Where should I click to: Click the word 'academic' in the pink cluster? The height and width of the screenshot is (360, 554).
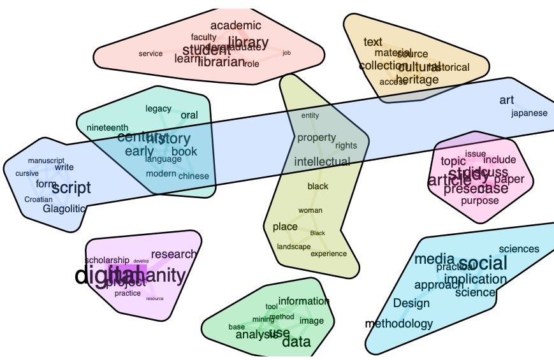[x=235, y=25]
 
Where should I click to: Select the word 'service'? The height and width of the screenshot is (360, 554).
[x=150, y=54]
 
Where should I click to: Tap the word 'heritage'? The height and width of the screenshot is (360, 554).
[x=417, y=80]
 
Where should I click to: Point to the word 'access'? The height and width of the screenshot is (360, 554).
[x=393, y=82]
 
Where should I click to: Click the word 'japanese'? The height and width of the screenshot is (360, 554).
[x=529, y=113]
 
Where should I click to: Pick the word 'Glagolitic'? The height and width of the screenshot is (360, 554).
[x=64, y=208]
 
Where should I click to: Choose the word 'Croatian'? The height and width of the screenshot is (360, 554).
[x=38, y=199]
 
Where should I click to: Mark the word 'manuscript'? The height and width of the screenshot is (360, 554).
[x=47, y=161]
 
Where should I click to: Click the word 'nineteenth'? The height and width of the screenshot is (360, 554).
[x=107, y=127]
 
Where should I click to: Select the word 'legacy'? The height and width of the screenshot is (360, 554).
[x=158, y=109]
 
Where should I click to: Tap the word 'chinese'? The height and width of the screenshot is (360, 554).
[x=193, y=176]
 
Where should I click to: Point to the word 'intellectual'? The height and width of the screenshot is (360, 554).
[x=322, y=162]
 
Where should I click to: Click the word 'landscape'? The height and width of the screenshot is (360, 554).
[x=294, y=247]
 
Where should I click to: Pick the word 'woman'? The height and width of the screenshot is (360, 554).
[x=310, y=211]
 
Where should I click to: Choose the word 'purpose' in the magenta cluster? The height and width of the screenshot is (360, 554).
[x=480, y=201]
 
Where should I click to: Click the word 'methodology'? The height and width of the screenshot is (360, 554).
[x=398, y=324]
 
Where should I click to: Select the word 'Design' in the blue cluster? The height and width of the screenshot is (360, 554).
[x=411, y=303]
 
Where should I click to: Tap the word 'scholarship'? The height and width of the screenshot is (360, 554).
[x=107, y=261]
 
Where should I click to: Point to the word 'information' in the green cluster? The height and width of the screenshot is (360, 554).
[x=304, y=301]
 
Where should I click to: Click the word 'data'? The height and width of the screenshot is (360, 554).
[x=296, y=342]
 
